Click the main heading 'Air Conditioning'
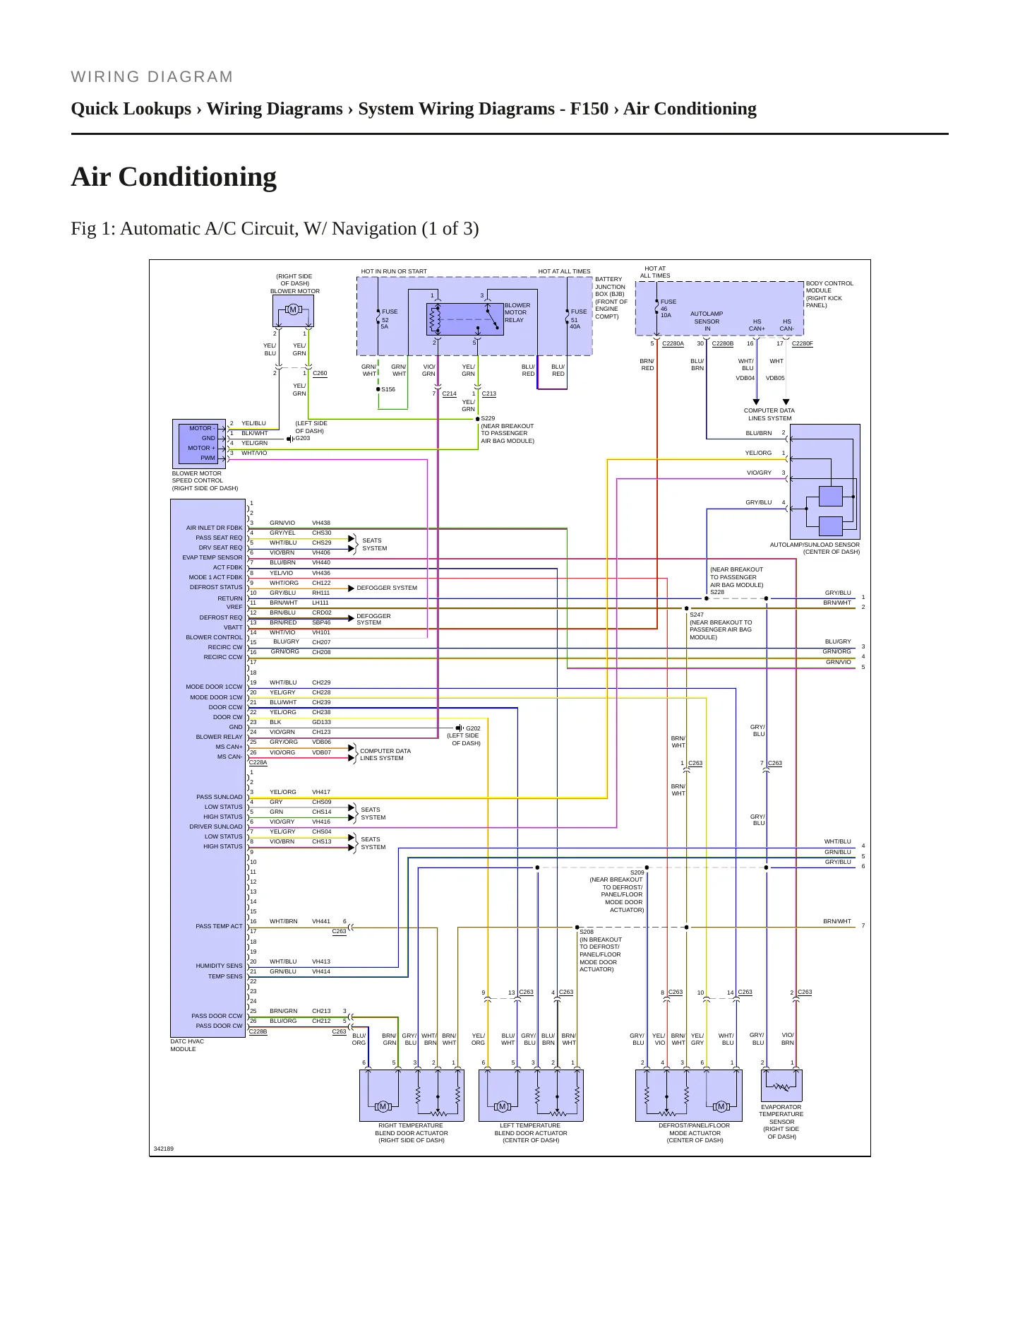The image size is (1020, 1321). pyautogui.click(x=174, y=177)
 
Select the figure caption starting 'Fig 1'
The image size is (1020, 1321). pyautogui.click(x=275, y=229)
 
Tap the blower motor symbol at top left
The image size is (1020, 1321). pyautogui.click(x=293, y=310)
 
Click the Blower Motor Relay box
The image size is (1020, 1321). pyautogui.click(x=465, y=319)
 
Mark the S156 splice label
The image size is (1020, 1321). pyautogui.click(x=388, y=389)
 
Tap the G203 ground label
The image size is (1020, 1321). pyautogui.click(x=303, y=439)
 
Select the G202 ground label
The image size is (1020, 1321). pyautogui.click(x=473, y=728)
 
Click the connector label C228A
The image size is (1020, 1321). pyautogui.click(x=258, y=762)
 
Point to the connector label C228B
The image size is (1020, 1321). pyautogui.click(x=258, y=1031)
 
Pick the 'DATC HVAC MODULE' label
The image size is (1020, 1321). pyautogui.click(x=187, y=1045)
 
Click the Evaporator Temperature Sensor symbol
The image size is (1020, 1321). pyautogui.click(x=781, y=1086)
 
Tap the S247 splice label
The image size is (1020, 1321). pyautogui.click(x=697, y=615)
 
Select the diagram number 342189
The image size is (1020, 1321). pyautogui.click(x=164, y=1149)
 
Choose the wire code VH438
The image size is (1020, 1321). pyautogui.click(x=321, y=523)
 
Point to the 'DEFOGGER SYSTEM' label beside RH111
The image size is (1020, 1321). pyautogui.click(x=387, y=588)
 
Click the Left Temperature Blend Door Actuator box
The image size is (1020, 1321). pyautogui.click(x=531, y=1096)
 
